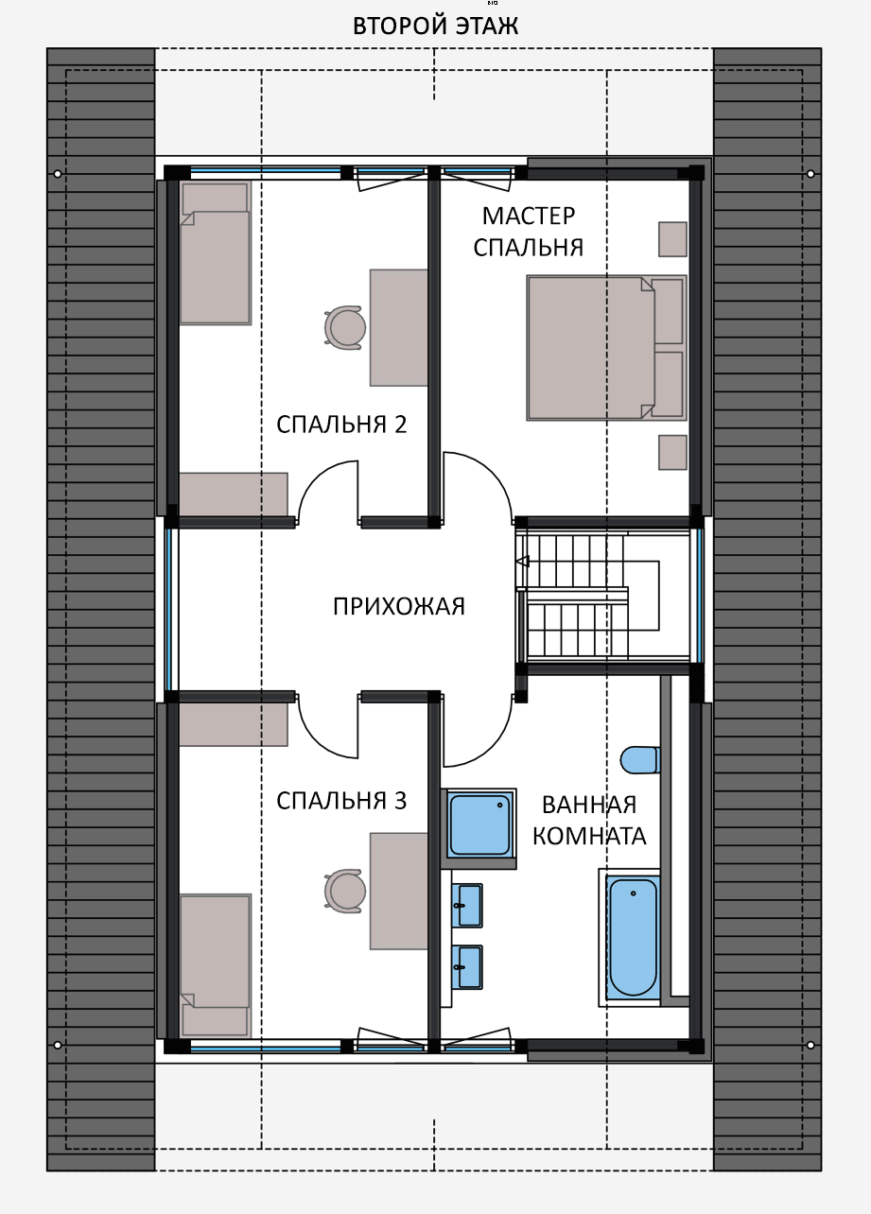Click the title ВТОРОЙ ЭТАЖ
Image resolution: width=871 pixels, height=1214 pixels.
tap(435, 26)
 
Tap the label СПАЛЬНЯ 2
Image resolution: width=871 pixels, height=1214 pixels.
tap(341, 425)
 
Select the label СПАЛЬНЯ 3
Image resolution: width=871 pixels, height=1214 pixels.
tap(341, 801)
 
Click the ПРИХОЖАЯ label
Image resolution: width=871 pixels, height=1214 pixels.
tap(399, 606)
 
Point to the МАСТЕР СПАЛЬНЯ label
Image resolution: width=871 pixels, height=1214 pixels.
tap(529, 232)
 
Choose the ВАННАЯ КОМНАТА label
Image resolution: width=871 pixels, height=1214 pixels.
tap(589, 820)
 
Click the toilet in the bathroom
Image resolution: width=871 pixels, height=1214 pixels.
tap(639, 760)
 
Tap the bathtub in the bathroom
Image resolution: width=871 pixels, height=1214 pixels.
tap(633, 938)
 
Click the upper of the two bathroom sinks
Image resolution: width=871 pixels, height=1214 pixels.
tap(468, 906)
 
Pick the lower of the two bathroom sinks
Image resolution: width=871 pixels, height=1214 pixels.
tap(468, 967)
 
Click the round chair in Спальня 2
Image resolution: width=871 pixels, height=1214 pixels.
tap(345, 327)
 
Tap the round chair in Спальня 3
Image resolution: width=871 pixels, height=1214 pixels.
tap(345, 891)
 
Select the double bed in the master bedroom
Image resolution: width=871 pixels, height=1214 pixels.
tap(606, 348)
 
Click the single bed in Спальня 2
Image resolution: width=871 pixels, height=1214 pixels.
tap(216, 252)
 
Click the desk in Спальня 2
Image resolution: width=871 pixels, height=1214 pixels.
tap(398, 328)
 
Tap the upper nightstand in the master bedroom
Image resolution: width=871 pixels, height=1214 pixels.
tap(672, 239)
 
